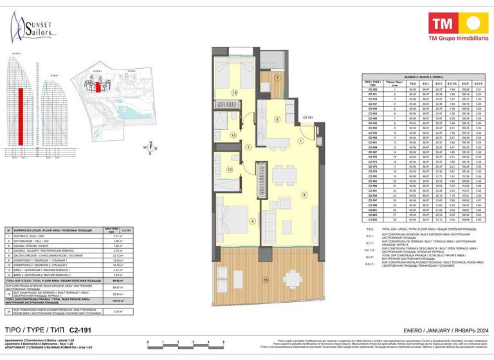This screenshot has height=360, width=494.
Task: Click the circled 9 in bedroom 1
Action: tap(234, 222)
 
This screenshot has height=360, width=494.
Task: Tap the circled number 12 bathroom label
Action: tap(229, 170)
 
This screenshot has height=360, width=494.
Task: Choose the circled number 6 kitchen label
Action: tap(277, 119)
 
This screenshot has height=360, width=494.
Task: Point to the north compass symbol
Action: tap(150, 147)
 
